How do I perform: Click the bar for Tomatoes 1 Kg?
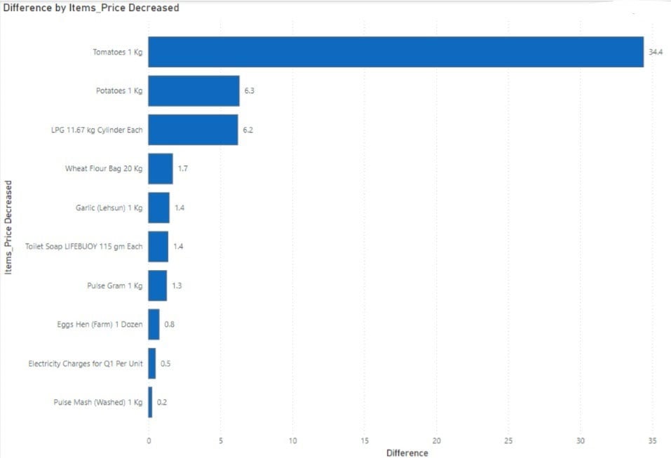(x=395, y=52)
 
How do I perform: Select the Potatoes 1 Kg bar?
(x=194, y=91)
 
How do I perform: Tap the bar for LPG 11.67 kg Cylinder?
(x=193, y=130)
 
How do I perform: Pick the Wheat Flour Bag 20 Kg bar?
(x=161, y=168)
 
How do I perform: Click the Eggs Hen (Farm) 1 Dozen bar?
(x=154, y=324)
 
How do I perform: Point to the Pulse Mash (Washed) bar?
(x=150, y=402)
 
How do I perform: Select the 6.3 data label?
(x=249, y=91)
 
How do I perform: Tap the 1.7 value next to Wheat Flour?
(x=183, y=169)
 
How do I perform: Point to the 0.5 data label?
(x=165, y=363)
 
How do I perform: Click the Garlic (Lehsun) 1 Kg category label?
(x=109, y=208)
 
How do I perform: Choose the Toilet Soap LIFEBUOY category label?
(x=83, y=246)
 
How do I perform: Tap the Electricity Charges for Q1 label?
(x=86, y=363)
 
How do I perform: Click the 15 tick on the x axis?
(x=365, y=440)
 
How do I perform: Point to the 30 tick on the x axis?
(x=581, y=440)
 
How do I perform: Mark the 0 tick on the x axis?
(x=148, y=440)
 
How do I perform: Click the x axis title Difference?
(x=407, y=452)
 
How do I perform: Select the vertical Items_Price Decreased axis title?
(x=8, y=227)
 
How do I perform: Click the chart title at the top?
(x=91, y=8)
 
